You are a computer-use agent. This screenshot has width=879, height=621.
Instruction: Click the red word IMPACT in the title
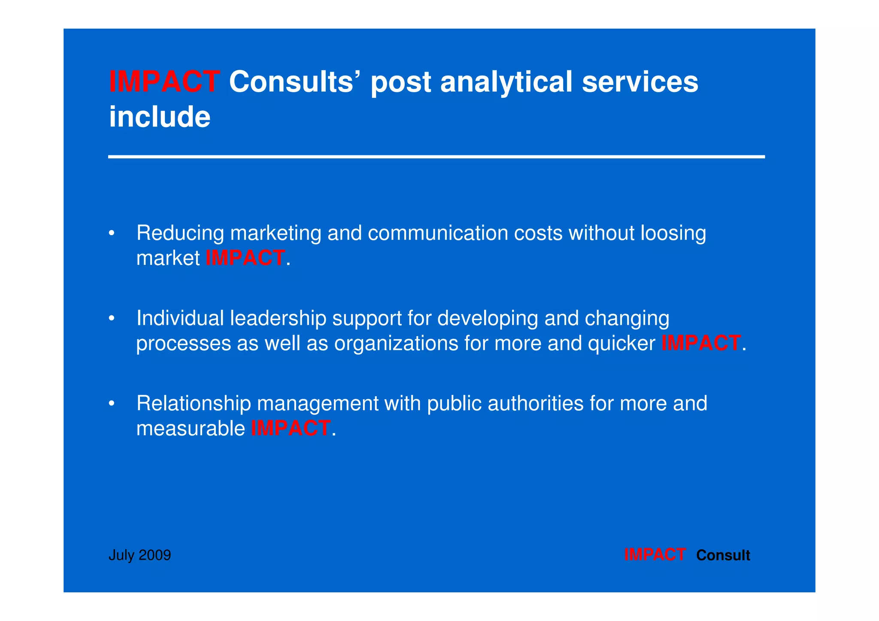(164, 82)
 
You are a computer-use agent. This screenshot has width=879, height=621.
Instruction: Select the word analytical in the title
(506, 82)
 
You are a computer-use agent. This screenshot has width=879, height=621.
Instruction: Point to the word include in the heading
(160, 117)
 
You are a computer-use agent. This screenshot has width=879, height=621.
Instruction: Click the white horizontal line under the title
(436, 157)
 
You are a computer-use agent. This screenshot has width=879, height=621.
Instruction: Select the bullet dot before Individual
(112, 319)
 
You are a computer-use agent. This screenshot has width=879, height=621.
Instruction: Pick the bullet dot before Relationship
(112, 404)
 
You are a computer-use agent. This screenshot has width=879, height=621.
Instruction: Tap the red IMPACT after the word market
(245, 258)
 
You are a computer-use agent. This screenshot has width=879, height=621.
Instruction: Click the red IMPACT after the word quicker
(701, 343)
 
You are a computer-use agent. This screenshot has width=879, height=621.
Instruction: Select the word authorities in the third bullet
(536, 404)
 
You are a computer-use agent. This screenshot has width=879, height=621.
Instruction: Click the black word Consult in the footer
(723, 555)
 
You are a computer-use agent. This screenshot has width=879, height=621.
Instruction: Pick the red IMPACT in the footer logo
(655, 555)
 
